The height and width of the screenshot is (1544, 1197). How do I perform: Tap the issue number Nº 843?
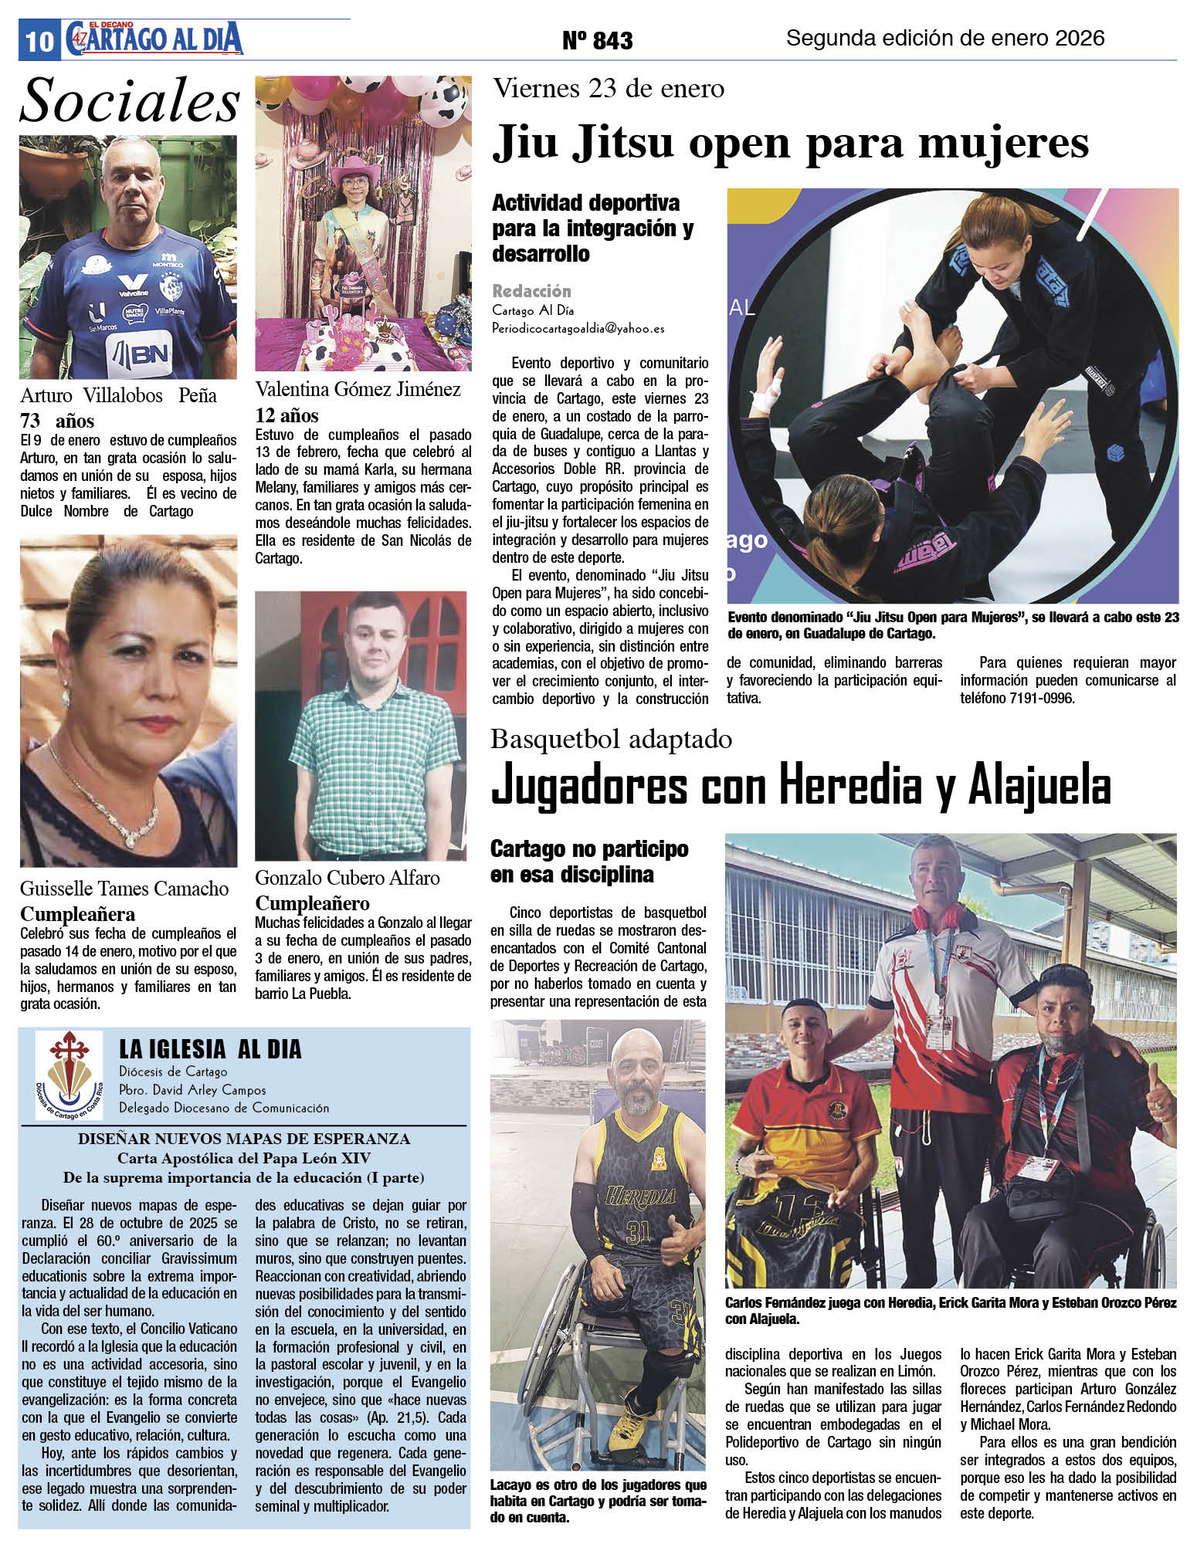pos(597,41)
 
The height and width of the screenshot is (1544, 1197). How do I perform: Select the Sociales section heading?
pos(130,101)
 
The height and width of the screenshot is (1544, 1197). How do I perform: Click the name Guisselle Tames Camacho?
pos(124,889)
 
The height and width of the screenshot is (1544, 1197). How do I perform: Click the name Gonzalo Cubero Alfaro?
pos(348,878)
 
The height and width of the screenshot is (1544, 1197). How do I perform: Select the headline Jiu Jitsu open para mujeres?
pos(790,144)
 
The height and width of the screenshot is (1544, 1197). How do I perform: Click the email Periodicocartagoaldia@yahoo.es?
pos(578,328)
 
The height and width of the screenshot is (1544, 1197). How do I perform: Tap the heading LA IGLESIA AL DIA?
pos(210,1049)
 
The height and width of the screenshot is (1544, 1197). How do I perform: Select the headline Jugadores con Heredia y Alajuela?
pos(801,787)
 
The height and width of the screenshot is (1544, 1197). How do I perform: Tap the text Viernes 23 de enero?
pos(609,89)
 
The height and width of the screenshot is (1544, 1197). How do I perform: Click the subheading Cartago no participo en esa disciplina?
pos(588,862)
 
